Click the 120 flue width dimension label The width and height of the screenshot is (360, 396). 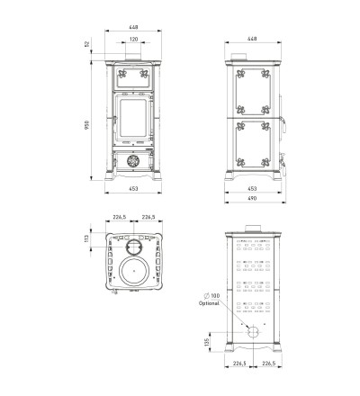[x=134, y=40]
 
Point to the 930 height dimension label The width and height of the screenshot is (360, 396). [x=87, y=125]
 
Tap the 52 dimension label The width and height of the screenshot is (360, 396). [x=87, y=44]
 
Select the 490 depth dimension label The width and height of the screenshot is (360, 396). [x=253, y=198]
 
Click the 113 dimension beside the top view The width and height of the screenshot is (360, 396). [x=86, y=238]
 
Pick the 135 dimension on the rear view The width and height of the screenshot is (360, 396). [x=207, y=342]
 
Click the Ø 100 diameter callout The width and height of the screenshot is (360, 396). [x=211, y=296]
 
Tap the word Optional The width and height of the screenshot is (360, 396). [x=209, y=303]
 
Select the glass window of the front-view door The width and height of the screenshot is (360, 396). [x=133, y=117]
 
